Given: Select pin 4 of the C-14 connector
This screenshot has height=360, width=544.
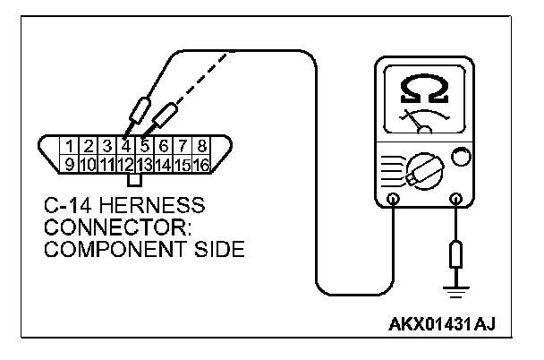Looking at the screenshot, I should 127,145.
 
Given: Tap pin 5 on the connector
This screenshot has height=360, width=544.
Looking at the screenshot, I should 146,145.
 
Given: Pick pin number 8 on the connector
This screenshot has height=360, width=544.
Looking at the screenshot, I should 203,145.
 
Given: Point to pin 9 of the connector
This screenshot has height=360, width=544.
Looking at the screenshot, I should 69,164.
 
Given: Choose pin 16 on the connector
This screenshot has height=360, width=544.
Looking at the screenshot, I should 203,164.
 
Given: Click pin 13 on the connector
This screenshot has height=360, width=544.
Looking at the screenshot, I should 146,164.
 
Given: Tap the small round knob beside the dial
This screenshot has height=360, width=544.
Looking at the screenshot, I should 462,159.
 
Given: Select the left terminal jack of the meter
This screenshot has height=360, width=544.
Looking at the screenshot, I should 394,199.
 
